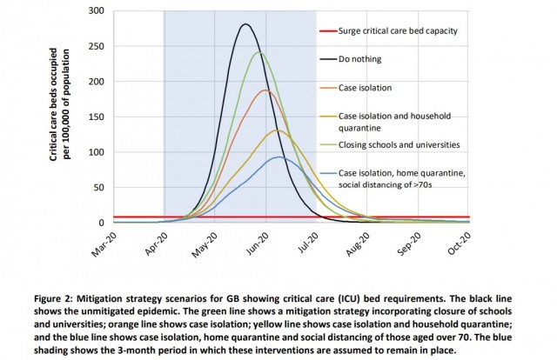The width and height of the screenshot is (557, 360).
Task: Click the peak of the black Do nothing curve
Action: (245, 24)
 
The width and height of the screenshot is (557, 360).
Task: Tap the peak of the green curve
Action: (259, 52)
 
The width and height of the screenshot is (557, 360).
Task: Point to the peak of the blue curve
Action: (279, 157)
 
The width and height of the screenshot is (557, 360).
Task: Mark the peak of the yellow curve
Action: (278, 130)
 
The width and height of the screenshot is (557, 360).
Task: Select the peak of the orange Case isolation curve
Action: (265, 90)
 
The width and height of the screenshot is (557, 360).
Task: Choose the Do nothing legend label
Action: (359, 59)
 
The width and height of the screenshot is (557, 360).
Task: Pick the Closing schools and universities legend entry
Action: (399, 145)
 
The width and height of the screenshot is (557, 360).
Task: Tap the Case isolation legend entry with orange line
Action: (365, 88)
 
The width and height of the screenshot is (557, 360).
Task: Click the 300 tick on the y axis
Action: (97, 11)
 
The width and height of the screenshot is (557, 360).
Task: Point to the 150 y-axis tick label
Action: (97, 117)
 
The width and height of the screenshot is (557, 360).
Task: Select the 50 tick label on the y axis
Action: (99, 188)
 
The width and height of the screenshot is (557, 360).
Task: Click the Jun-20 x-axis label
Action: (258, 244)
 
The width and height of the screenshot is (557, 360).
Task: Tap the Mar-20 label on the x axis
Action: (104, 244)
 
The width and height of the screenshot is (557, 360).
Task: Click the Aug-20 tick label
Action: (358, 244)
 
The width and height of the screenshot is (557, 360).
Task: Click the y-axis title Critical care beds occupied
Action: (53, 104)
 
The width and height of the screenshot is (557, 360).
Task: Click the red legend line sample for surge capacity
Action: (328, 31)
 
